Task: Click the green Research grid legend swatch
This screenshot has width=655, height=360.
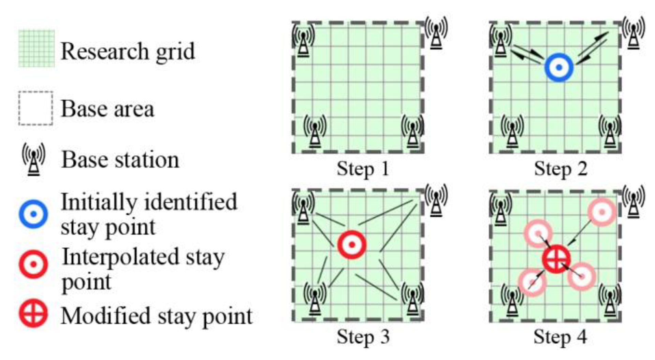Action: click(x=37, y=48)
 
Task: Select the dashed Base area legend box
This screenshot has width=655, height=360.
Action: click(x=36, y=108)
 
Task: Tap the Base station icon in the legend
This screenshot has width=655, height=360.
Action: click(x=33, y=159)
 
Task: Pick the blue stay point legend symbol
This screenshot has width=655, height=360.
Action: click(x=33, y=214)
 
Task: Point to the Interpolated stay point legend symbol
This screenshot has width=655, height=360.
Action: click(x=33, y=264)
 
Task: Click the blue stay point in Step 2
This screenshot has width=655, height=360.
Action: click(x=558, y=67)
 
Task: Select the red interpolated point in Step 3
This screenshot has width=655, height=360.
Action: click(x=352, y=245)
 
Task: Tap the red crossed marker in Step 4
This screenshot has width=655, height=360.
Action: click(x=556, y=259)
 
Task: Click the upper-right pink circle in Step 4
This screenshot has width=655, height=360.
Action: click(x=602, y=212)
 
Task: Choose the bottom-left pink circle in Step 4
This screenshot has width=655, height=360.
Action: click(x=532, y=282)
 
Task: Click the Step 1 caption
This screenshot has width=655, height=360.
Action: click(x=363, y=169)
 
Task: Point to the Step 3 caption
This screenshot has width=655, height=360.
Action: click(x=363, y=336)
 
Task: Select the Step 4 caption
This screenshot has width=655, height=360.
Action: click(x=560, y=336)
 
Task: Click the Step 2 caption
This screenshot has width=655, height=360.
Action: click(x=561, y=169)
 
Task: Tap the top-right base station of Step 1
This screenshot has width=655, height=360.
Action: click(x=436, y=33)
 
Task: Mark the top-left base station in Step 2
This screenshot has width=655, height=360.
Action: click(x=500, y=40)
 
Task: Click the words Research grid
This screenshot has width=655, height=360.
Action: click(x=128, y=51)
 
